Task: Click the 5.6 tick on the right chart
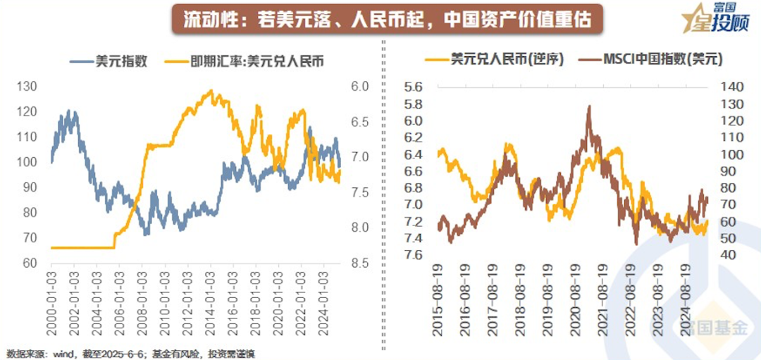[x=414, y=87]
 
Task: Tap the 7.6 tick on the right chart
[x=414, y=255]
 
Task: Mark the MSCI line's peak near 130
[x=589, y=107]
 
